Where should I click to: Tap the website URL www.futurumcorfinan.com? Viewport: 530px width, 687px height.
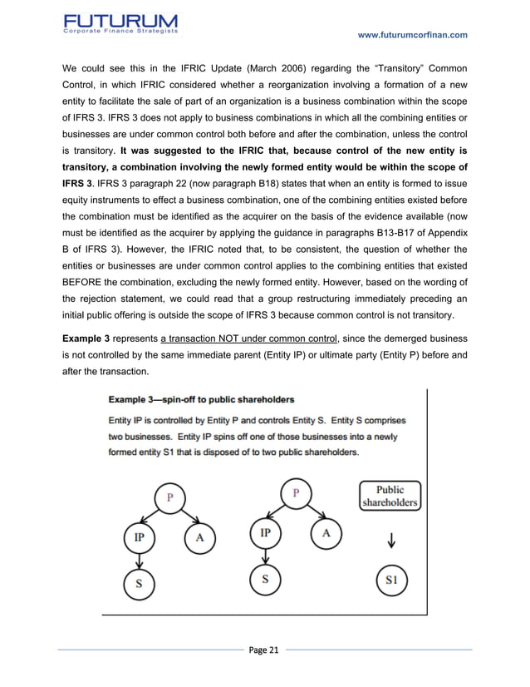[412, 34]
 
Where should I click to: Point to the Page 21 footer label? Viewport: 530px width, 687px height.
[264, 650]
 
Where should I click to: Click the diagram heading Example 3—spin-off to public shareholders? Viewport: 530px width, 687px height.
[197, 398]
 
